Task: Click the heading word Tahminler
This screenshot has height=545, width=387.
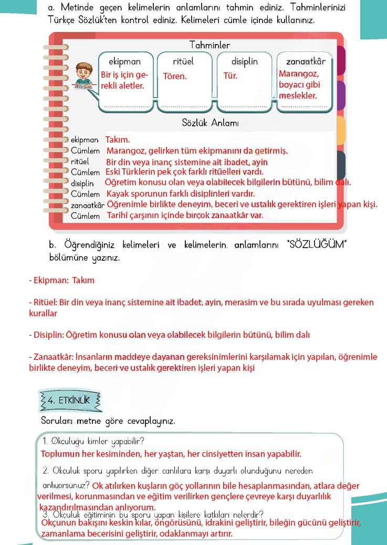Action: coord(210,46)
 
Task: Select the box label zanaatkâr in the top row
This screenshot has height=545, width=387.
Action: coord(306,61)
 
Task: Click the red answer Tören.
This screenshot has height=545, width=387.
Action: coord(175,76)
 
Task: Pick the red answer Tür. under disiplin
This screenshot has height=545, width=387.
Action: coord(231,76)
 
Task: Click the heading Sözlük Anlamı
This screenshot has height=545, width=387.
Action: coord(210,123)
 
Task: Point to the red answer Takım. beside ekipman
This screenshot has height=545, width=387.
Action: coord(118,140)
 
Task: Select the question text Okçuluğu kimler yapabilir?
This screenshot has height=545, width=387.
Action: coord(94,441)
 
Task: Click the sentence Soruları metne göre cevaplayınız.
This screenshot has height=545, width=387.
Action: coord(108,421)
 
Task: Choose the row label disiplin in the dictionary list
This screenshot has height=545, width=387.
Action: coord(82,183)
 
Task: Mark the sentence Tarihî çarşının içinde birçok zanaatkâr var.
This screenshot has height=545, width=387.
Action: coord(185,215)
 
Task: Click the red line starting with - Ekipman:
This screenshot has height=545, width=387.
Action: coord(61,280)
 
